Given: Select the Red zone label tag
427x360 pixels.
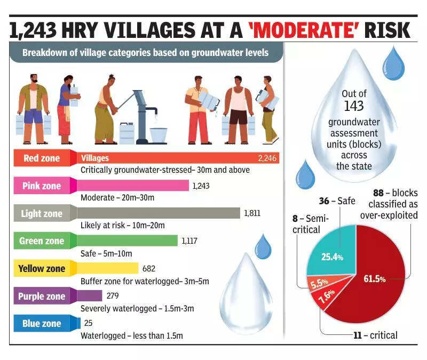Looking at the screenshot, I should pyautogui.click(x=42, y=158).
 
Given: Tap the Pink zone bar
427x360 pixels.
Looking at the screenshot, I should pyautogui.click(x=133, y=186).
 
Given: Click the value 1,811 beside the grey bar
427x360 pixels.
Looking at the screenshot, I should pyautogui.click(x=252, y=213).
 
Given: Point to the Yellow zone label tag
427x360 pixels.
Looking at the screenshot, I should pyautogui.click(x=42, y=268).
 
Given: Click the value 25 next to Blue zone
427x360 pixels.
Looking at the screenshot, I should pyautogui.click(x=89, y=323).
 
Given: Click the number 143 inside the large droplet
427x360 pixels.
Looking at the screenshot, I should pyautogui.click(x=353, y=106).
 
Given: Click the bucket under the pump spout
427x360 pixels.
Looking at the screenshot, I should pyautogui.click(x=159, y=135).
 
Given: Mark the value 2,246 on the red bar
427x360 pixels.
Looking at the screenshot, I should pyautogui.click(x=267, y=158).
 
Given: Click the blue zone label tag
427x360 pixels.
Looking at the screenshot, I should pyautogui.click(x=42, y=323).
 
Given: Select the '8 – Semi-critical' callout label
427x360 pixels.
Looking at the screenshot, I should pyautogui.click(x=312, y=223).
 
